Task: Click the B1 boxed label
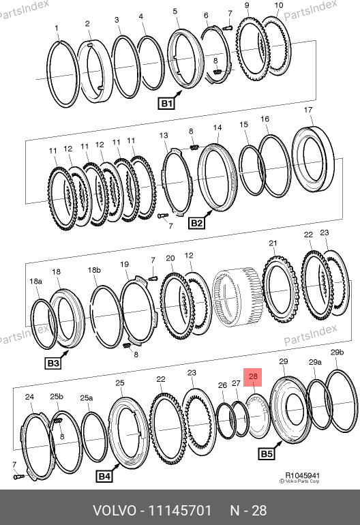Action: tap(166, 104)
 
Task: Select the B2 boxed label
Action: tap(196, 223)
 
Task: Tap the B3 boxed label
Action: tap(53, 363)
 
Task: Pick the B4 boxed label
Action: tap(104, 476)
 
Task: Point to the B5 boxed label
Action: tap(267, 454)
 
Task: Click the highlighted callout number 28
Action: tap(253, 377)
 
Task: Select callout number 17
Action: tap(308, 110)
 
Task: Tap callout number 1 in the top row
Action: tap(57, 29)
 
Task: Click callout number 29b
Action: tap(337, 352)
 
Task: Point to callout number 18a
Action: tap(36, 281)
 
